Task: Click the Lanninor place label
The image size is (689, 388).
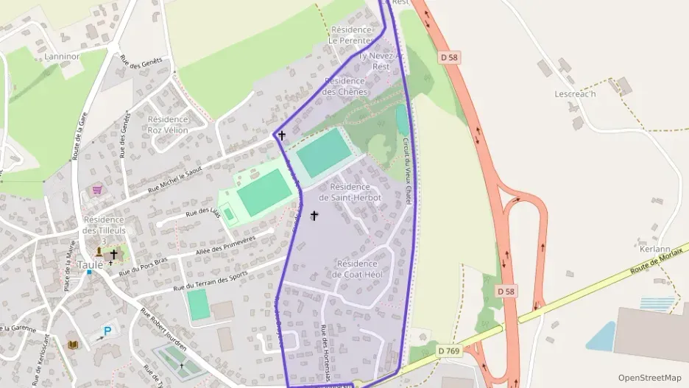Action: pos(62,56)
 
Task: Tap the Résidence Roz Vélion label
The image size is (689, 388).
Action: pos(168,124)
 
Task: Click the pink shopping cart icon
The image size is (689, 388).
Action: pos(96,190)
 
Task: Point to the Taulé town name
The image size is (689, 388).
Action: pos(90,265)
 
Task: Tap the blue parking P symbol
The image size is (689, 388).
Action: pos(107,331)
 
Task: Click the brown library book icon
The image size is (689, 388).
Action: pos(73,344)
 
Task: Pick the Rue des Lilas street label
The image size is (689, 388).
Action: pos(203,213)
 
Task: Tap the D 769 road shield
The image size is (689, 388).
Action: pos(448,351)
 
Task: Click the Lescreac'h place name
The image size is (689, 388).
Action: pos(575,94)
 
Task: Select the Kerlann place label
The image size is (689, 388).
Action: pos(654,249)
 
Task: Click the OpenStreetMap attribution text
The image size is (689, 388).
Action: pos(649,378)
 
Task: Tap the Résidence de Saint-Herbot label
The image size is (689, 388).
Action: pos(350,192)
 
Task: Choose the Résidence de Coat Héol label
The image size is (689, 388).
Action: pos(356,269)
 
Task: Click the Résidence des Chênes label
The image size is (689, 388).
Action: pos(344,86)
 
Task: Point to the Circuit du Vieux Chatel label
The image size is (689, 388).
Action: pos(406,170)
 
